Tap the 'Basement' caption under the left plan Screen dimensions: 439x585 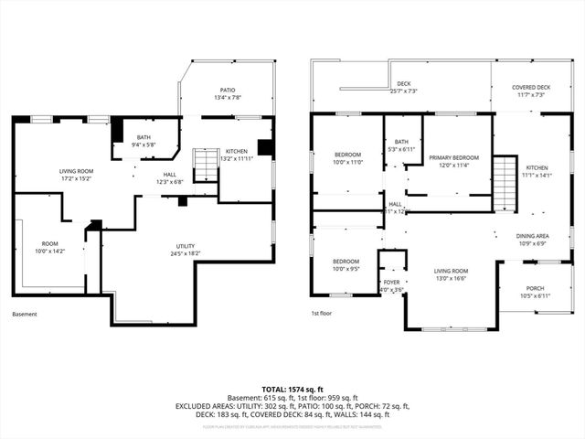pos(25,314)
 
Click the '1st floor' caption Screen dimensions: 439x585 pos(321,314)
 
